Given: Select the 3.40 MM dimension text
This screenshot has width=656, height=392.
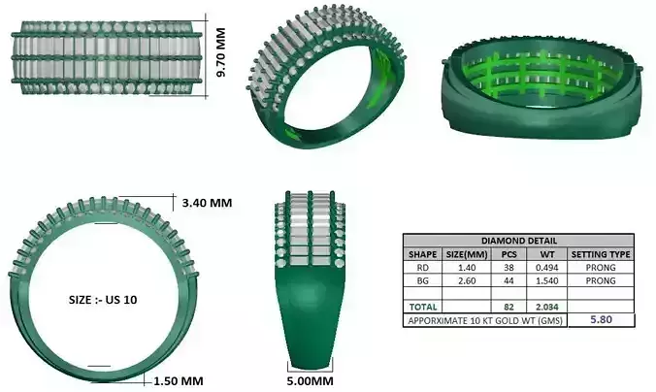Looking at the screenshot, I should click(x=208, y=203).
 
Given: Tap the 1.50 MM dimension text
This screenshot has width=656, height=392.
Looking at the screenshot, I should click(x=179, y=380).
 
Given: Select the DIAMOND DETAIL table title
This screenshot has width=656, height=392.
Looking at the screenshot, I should click(x=518, y=241).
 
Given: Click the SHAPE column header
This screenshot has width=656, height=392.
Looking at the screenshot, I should click(x=422, y=254).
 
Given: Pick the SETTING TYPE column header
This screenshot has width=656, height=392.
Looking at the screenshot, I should click(x=601, y=254).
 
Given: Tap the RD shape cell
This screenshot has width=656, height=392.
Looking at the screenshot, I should click(x=422, y=267).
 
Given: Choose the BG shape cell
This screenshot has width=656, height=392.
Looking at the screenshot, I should click(x=422, y=280).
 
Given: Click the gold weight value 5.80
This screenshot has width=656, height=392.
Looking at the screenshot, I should click(x=601, y=318).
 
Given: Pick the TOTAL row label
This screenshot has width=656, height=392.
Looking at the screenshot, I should click(x=423, y=306).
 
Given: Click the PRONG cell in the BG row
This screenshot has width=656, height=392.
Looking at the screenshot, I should click(x=601, y=280).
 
